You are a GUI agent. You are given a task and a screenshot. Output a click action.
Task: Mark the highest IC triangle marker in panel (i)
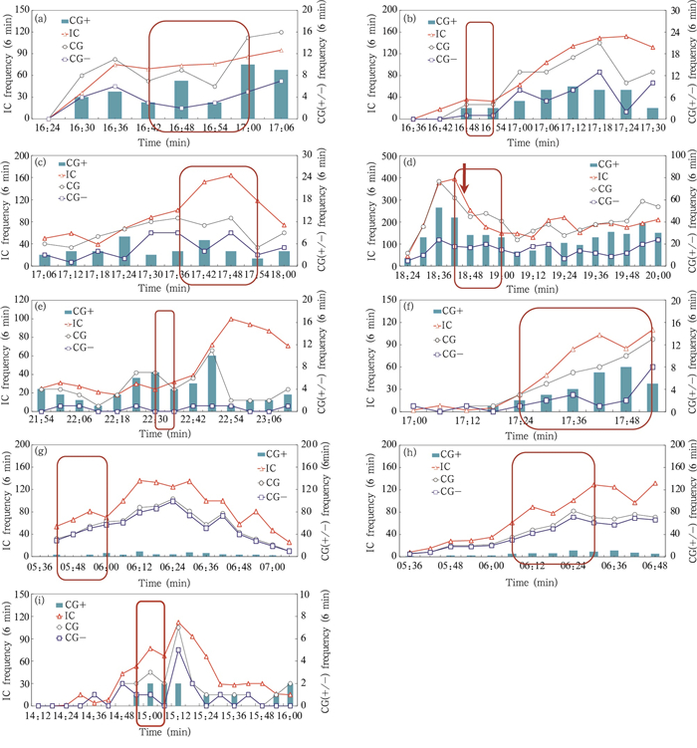[178, 624]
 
